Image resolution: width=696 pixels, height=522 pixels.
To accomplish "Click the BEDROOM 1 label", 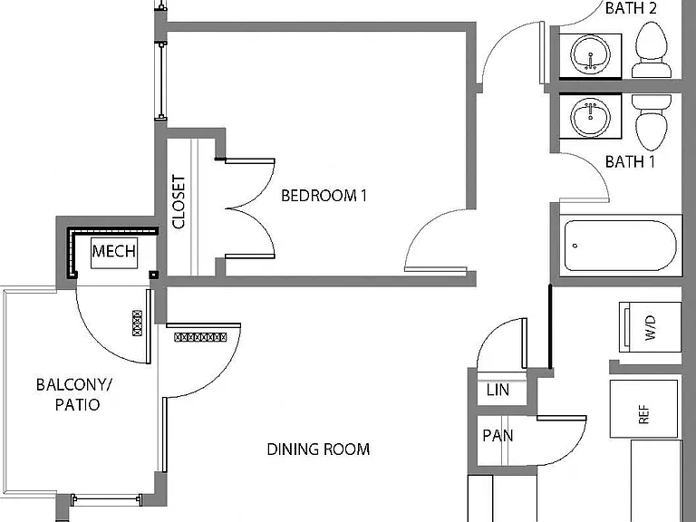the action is click(x=324, y=196).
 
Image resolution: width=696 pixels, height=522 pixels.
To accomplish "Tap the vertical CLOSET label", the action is click(x=179, y=202).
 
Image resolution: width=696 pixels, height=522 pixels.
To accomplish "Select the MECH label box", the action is click(x=114, y=252).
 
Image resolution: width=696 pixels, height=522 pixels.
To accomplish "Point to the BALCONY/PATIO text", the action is click(x=74, y=394).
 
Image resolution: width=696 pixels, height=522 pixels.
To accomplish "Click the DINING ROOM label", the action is click(x=318, y=449).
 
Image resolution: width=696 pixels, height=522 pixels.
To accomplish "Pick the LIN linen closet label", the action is click(x=498, y=391).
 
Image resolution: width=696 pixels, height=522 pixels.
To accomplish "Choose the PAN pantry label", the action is click(x=498, y=435).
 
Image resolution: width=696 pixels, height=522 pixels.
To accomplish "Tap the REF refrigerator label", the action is click(x=643, y=414).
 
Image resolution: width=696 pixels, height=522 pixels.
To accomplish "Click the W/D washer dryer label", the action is click(x=651, y=328).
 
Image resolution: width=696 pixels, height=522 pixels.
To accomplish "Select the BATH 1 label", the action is click(x=631, y=161).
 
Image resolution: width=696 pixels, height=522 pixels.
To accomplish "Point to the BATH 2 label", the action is click(x=631, y=8).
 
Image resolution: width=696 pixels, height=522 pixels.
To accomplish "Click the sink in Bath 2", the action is click(x=590, y=55).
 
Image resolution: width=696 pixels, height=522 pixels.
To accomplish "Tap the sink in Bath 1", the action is click(x=590, y=117).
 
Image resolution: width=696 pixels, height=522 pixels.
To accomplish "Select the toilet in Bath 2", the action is click(x=652, y=50).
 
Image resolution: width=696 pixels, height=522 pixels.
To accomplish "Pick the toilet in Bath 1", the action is click(x=652, y=122).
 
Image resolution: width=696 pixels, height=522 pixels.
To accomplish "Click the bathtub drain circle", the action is click(x=575, y=246).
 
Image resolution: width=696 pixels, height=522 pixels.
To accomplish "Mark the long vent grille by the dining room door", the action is click(x=200, y=337).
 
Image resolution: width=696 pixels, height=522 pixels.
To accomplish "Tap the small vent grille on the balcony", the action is click(x=137, y=324).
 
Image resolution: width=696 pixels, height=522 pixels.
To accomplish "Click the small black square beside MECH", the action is click(x=153, y=275).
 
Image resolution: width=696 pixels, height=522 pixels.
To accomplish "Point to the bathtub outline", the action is click(x=620, y=246).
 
